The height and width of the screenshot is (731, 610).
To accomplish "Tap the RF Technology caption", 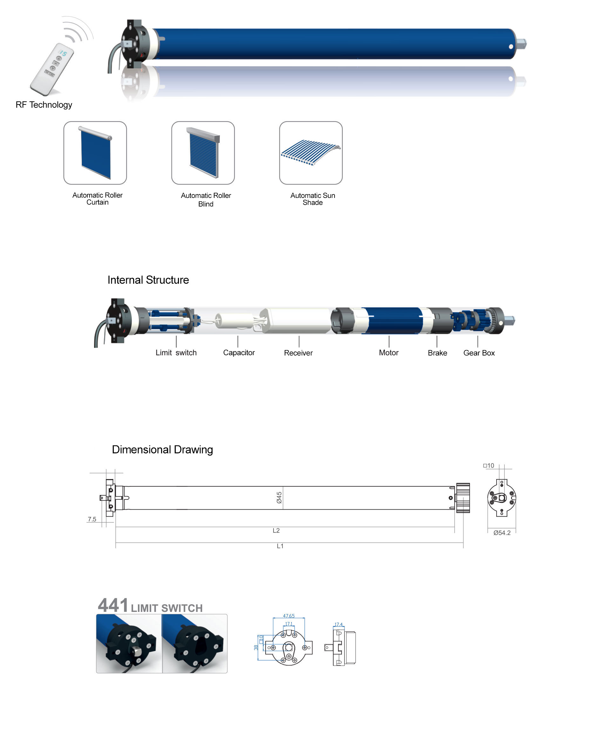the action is pos(44,105).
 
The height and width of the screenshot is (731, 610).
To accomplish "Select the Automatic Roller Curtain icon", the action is pos(95,153).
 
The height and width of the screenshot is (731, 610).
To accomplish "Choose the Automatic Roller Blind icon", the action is pos(203,153).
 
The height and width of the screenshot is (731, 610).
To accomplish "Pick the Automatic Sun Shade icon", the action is pos(311,153).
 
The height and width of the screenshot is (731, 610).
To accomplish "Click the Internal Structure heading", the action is pos(148,280).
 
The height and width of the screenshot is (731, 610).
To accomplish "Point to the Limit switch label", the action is pos(176,353).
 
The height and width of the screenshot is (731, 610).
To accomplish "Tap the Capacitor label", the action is pos(239,353).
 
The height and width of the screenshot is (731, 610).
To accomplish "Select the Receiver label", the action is pos(298,353).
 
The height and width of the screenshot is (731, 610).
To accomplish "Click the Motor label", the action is pos(389,353).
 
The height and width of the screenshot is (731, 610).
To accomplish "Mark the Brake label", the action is pos(437,353).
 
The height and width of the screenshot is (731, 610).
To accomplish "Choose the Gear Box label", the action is pos(479,353).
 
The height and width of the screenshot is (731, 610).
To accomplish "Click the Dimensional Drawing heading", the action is pos(162,450).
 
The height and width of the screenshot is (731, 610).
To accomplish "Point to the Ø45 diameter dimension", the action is pos(279,497).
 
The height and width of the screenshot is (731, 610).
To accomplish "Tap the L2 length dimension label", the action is pos(276,531).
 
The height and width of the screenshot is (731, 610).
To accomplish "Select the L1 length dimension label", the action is pos(280,546).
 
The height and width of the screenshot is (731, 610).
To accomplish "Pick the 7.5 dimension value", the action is pos(92,519).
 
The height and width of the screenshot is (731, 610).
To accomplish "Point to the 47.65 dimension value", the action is pos(288,616).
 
